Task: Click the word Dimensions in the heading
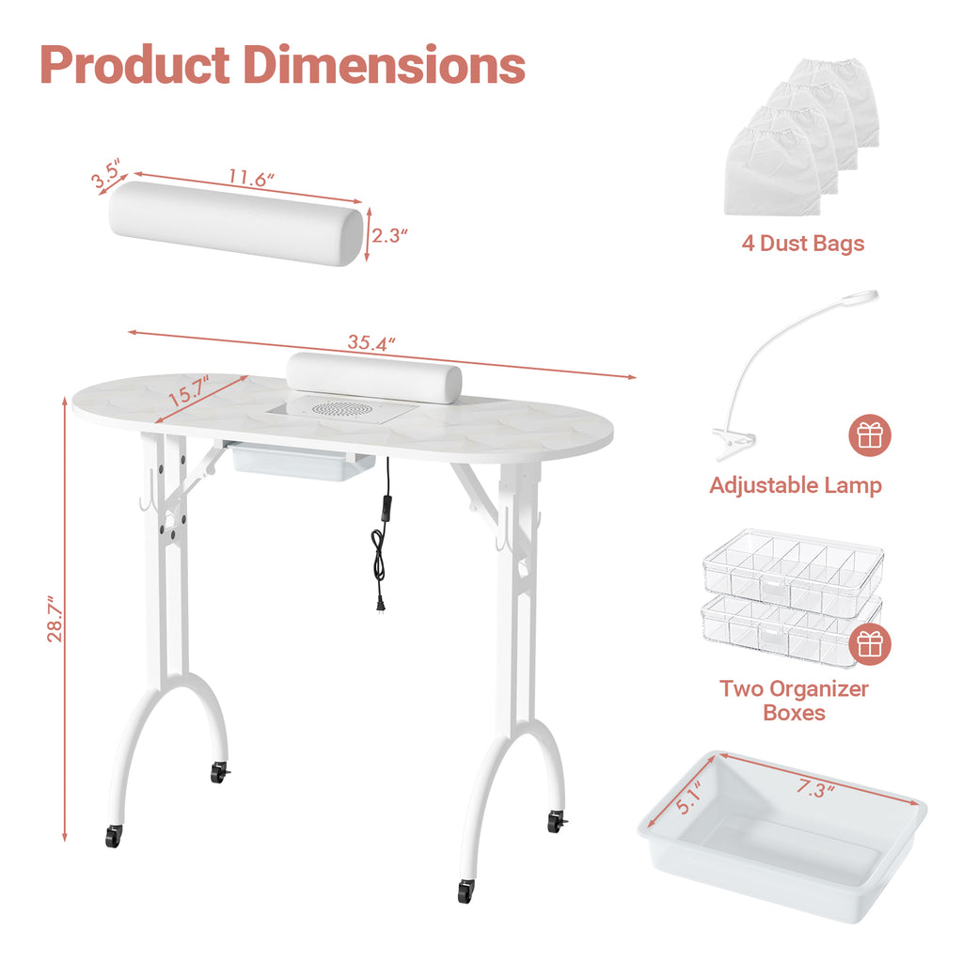pyautogui.click(x=385, y=65)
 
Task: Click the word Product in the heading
pyautogui.click(x=135, y=65)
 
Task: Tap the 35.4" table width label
pyautogui.click(x=371, y=342)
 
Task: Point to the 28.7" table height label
pyautogui.click(x=55, y=619)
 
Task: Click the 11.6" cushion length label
pyautogui.click(x=250, y=178)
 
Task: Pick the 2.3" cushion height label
pyautogui.click(x=389, y=235)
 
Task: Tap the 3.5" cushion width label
pyautogui.click(x=106, y=173)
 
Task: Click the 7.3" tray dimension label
pyautogui.click(x=815, y=788)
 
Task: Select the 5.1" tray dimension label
pyautogui.click(x=688, y=797)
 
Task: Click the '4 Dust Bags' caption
pyautogui.click(x=803, y=244)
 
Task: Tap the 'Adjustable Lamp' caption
pyautogui.click(x=796, y=485)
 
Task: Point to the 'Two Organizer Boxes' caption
pyautogui.click(x=794, y=701)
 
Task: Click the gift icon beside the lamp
pyautogui.click(x=870, y=435)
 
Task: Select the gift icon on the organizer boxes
pyautogui.click(x=870, y=643)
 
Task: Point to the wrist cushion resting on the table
pyautogui.click(x=374, y=377)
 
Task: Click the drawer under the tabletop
pyautogui.click(x=299, y=461)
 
